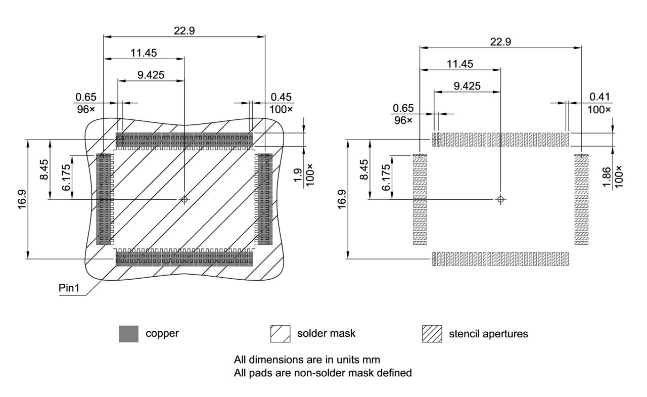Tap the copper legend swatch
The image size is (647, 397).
pos(128,334)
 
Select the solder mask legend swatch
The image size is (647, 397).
pos(281,334)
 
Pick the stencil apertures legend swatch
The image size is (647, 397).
pos(432,334)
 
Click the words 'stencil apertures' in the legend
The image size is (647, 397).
pos(488,334)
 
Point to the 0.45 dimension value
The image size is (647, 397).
pos(282,97)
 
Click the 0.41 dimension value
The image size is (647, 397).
pos(599,97)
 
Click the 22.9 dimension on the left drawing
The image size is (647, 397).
pos(184,30)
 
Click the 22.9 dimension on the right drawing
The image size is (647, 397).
pos(500,42)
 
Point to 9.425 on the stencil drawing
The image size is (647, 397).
pos(467,86)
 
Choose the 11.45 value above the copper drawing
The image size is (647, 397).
pos(144,52)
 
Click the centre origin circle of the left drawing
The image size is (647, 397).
pos(184,199)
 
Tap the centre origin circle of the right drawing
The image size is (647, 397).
pos(500,199)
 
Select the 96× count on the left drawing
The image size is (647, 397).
pos(86,109)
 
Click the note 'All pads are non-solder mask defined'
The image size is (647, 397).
pos(322,373)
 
